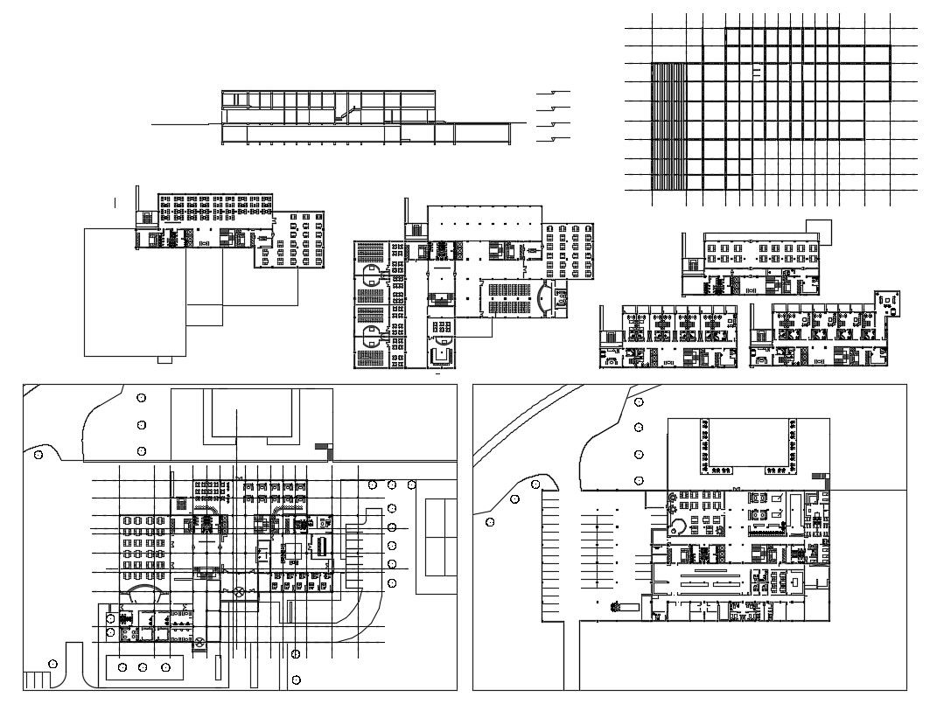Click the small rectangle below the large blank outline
coord(165,359)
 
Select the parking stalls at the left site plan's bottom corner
coord(38,680)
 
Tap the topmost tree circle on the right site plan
coord(640,401)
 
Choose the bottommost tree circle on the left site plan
coord(297,680)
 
